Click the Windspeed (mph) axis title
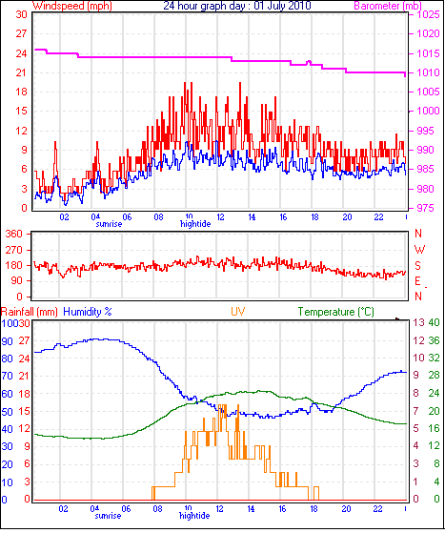click(72, 6)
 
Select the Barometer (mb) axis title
click(388, 6)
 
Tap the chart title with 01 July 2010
click(237, 6)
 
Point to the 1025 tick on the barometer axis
click(428, 14)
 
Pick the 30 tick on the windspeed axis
click(21, 14)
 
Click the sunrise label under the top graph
click(109, 224)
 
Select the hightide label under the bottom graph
click(194, 516)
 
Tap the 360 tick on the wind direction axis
click(13, 234)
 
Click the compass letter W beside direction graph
click(419, 250)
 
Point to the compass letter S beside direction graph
click(417, 265)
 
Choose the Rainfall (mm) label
click(30, 312)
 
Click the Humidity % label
click(88, 312)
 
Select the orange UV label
click(238, 312)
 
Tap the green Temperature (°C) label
click(336, 312)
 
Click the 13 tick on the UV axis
click(419, 322)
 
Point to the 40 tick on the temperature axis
click(434, 322)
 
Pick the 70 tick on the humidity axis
click(7, 376)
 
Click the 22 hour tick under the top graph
click(378, 216)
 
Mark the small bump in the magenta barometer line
click(309, 63)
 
